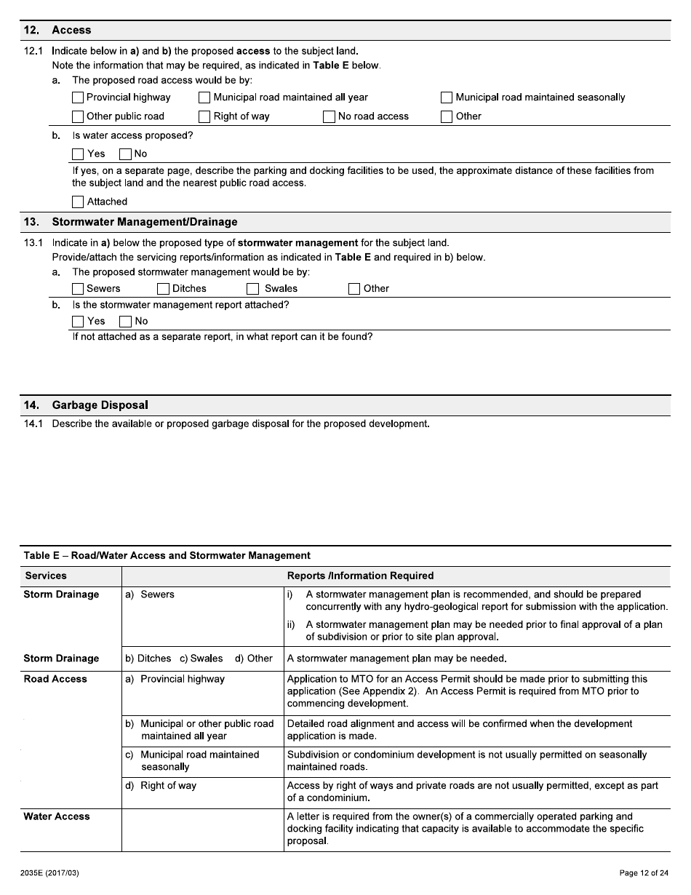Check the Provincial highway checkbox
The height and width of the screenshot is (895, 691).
[78, 98]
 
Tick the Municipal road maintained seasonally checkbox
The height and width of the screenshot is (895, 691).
[447, 98]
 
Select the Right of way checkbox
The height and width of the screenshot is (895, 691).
[205, 116]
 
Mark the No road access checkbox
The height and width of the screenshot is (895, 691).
[329, 116]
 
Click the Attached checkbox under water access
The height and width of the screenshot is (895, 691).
[78, 202]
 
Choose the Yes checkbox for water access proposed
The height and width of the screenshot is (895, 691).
[78, 154]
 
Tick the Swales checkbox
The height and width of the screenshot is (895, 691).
[252, 289]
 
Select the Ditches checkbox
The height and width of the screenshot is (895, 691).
[164, 289]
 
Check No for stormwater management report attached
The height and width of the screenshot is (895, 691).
[126, 322]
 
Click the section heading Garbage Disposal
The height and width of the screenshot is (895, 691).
[100, 405]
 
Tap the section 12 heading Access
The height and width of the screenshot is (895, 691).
[71, 31]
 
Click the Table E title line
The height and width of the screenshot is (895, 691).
[167, 556]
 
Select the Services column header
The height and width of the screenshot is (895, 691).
[46, 576]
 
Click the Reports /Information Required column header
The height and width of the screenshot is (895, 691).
[360, 576]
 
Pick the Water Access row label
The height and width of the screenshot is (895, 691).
[57, 817]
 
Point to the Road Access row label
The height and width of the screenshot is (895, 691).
[55, 680]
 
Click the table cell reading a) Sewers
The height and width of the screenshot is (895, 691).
[150, 595]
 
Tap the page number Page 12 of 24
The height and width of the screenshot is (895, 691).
[643, 873]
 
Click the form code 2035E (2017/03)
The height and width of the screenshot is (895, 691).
[50, 873]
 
